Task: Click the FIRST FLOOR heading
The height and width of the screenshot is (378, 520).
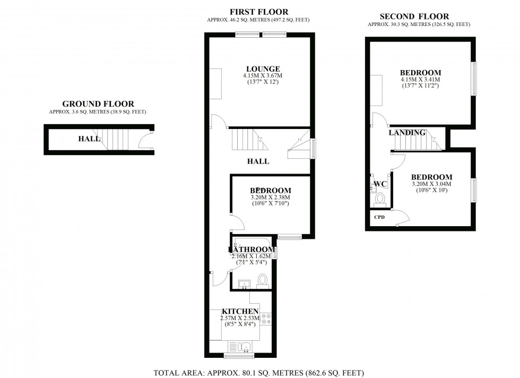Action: pyautogui.click(x=259, y=12)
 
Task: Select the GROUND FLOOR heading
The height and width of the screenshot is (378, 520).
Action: pyautogui.click(x=98, y=104)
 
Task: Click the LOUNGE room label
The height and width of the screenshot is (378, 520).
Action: pyautogui.click(x=263, y=68)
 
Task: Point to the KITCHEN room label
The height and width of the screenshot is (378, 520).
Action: pyautogui.click(x=240, y=311)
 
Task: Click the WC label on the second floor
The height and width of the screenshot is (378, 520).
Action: pyautogui.click(x=380, y=184)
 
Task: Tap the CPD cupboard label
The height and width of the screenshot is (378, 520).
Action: pyautogui.click(x=379, y=217)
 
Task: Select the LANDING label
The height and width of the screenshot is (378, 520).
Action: pyautogui.click(x=407, y=133)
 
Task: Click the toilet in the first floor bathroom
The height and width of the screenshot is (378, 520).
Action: pyautogui.click(x=262, y=280)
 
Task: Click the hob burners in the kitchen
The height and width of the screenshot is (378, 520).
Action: pyautogui.click(x=266, y=319)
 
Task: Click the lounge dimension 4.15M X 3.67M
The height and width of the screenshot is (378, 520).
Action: pyautogui.click(x=263, y=76)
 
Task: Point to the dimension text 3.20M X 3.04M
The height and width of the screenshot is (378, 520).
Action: pyautogui.click(x=431, y=184)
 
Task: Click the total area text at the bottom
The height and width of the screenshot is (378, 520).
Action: pyautogui.click(x=259, y=372)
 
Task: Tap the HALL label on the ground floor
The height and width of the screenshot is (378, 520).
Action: pyautogui.click(x=89, y=139)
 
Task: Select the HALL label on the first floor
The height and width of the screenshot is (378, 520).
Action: pyautogui.click(x=258, y=161)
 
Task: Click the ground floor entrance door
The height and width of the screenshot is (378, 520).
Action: pyautogui.click(x=143, y=141)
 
